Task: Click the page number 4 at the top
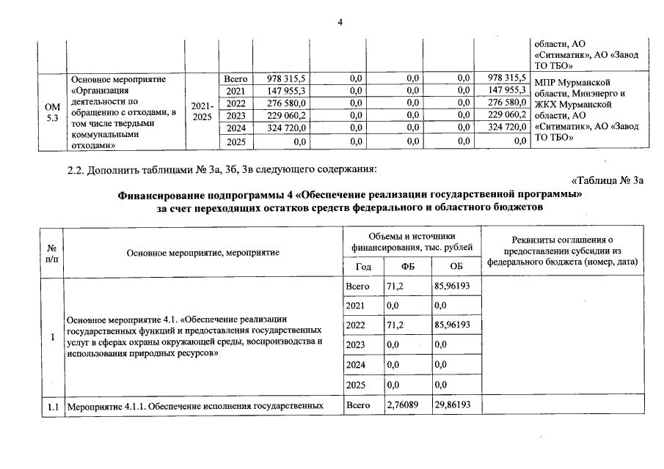[x=340, y=22]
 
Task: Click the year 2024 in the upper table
[x=236, y=128]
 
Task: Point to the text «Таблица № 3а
[x=606, y=181]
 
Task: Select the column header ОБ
[x=456, y=265]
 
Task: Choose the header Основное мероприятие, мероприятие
[x=203, y=252]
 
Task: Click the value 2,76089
[x=403, y=405]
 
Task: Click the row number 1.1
[x=51, y=405]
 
